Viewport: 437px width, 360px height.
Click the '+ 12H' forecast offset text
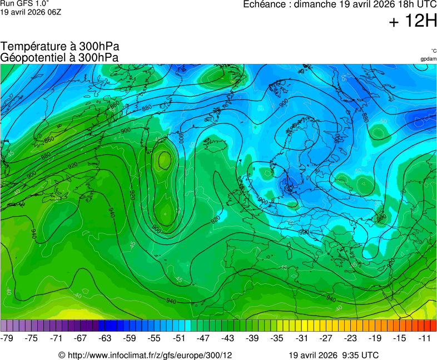413,22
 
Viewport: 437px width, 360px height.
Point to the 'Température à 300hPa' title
59,47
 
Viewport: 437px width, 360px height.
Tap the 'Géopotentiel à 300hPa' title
59,57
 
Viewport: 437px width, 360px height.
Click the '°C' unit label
433,51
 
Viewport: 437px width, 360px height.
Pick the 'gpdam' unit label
428,59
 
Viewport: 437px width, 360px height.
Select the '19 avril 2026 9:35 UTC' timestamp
334,354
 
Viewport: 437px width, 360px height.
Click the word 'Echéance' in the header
265,4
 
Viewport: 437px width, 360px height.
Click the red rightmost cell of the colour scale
433,326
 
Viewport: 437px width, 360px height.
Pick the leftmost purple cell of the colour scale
4,326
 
